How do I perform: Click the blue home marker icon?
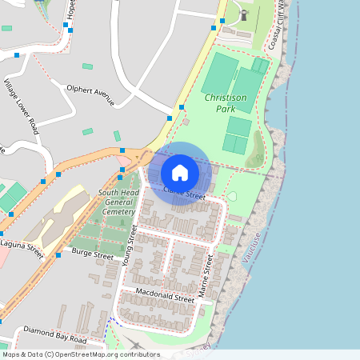[x=180, y=173]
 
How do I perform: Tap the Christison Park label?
[x=231, y=102]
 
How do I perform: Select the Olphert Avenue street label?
[x=91, y=94]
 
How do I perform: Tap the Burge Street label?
[x=92, y=254]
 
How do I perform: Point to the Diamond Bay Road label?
[x=54, y=335]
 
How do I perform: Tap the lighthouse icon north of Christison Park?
[x=244, y=14]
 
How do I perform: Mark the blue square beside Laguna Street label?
[x=58, y=255]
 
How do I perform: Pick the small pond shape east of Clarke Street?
[x=232, y=195]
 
